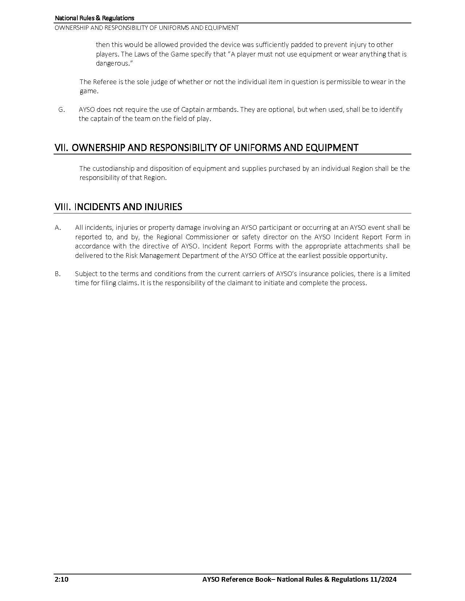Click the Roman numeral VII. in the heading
tap(62, 148)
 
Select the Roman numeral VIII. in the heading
tap(63, 207)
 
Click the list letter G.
tap(62, 110)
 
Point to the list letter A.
tap(58, 228)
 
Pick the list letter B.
tap(58, 274)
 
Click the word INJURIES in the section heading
tap(163, 207)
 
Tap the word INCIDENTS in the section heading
tap(97, 207)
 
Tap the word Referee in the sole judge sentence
tap(105, 82)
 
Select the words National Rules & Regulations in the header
tap(94, 18)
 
